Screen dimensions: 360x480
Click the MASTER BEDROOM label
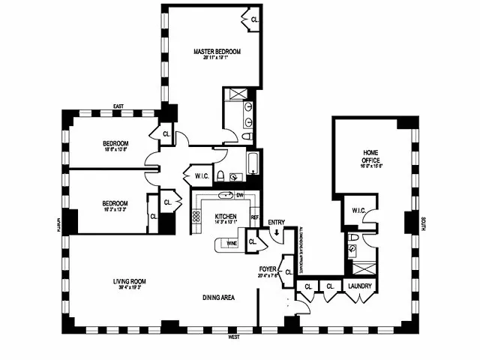217,51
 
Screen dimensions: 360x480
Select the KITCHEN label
226,214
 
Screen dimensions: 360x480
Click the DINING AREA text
219,298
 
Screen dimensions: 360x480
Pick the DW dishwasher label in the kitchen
241,196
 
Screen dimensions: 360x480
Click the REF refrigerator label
255,218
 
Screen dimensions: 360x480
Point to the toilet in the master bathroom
247,138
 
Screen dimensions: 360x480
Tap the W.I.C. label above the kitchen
201,176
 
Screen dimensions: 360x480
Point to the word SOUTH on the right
423,223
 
